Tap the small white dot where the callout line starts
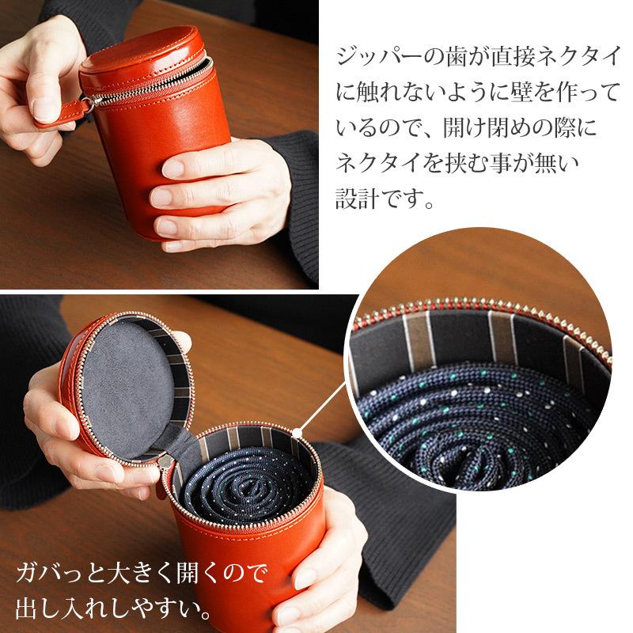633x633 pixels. point(298,432)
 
